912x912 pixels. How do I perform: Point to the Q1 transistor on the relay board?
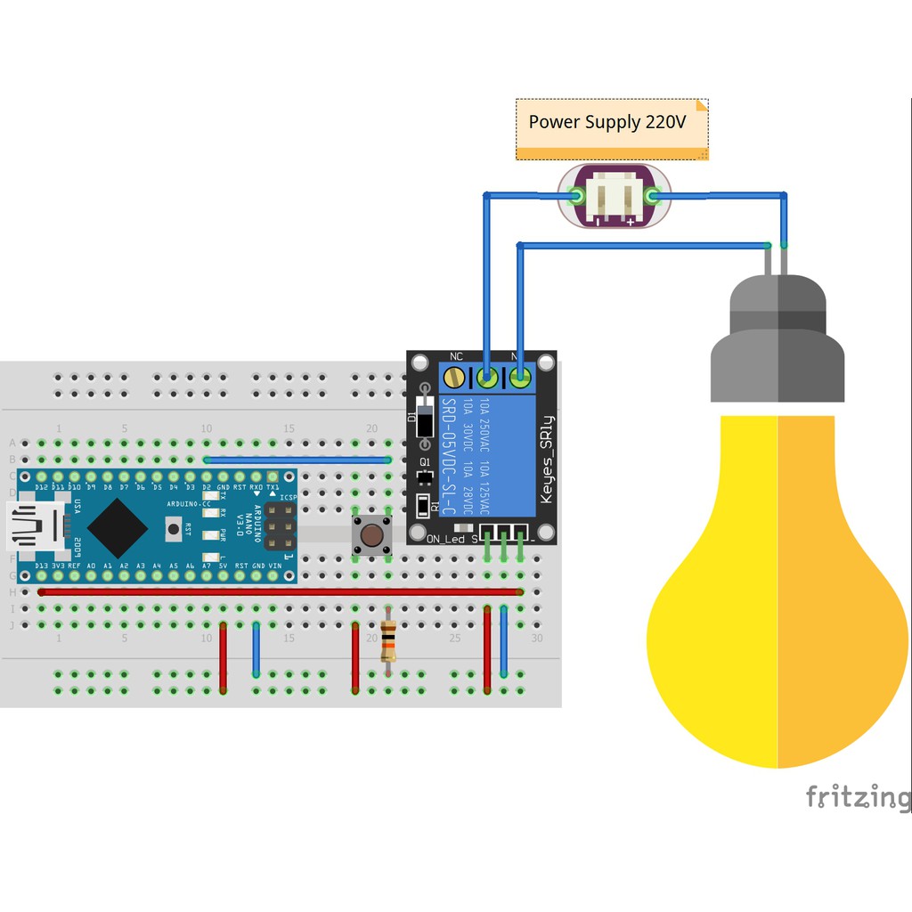(x=425, y=476)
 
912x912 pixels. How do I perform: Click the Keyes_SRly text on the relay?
(x=547, y=460)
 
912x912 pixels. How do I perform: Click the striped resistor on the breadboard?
(x=387, y=639)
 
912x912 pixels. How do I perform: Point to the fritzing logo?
(x=857, y=796)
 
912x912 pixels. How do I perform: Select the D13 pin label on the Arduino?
(x=41, y=566)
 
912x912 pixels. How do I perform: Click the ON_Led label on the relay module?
(x=446, y=539)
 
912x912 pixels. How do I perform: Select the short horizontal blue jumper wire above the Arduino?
(x=297, y=460)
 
